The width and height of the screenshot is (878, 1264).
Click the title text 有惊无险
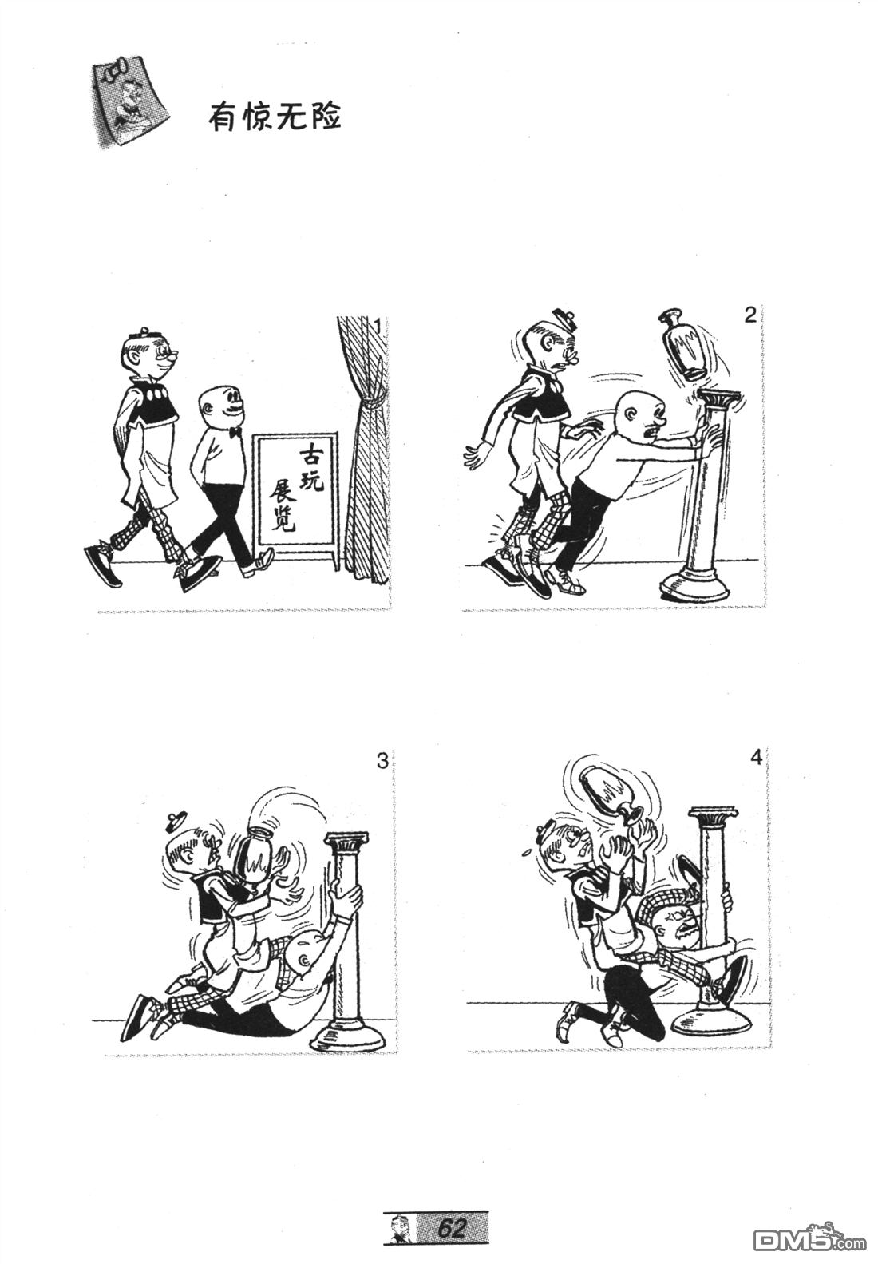click(x=274, y=118)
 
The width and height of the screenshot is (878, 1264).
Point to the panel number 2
click(x=749, y=316)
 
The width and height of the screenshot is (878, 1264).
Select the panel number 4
click(x=756, y=757)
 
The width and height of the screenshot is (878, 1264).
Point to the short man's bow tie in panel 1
click(x=235, y=432)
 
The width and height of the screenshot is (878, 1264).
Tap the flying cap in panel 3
click(x=179, y=822)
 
